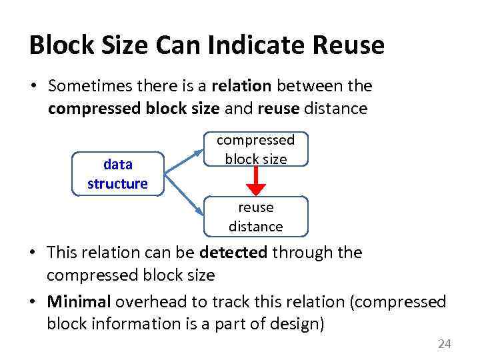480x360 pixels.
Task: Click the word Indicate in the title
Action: (x=250, y=45)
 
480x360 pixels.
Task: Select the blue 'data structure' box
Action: (x=117, y=174)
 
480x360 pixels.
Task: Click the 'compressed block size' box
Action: (x=255, y=149)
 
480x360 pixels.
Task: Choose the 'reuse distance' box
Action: (x=255, y=217)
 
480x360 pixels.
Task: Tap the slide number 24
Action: (x=444, y=344)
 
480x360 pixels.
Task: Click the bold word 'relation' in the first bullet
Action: (x=241, y=86)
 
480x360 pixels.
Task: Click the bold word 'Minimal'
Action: (x=79, y=302)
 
